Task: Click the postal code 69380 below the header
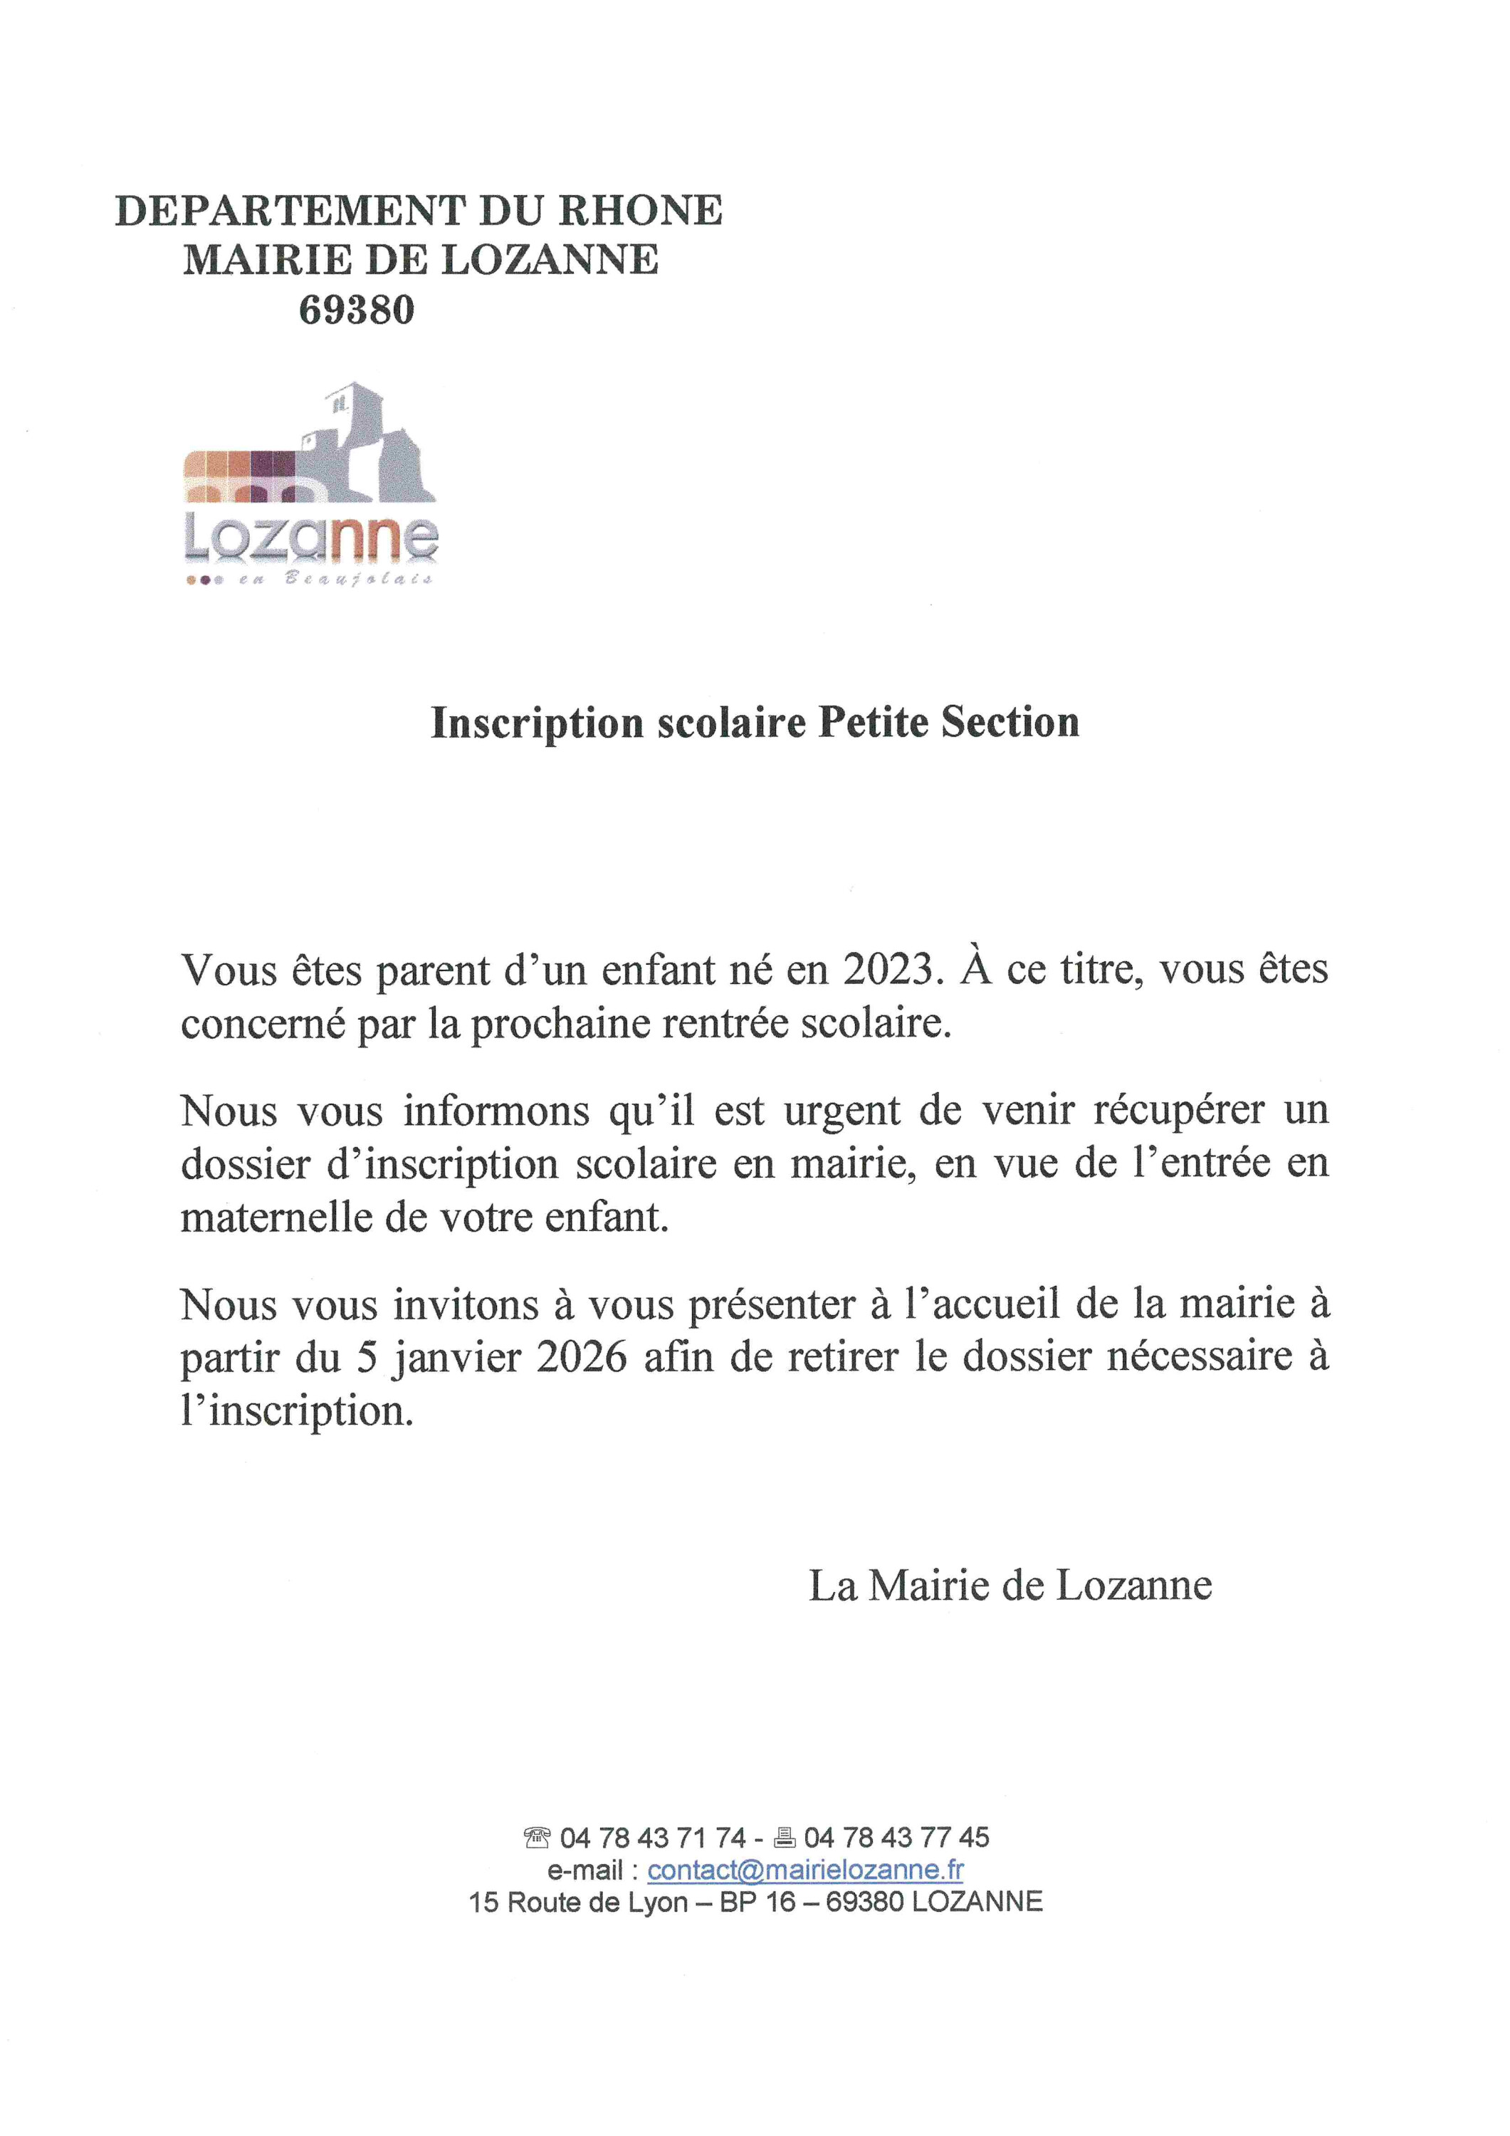[357, 310]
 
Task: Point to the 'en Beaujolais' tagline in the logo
[335, 579]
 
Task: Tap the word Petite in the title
[873, 723]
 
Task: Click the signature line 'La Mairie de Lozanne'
[1010, 1585]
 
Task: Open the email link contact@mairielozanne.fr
[804, 1869]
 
